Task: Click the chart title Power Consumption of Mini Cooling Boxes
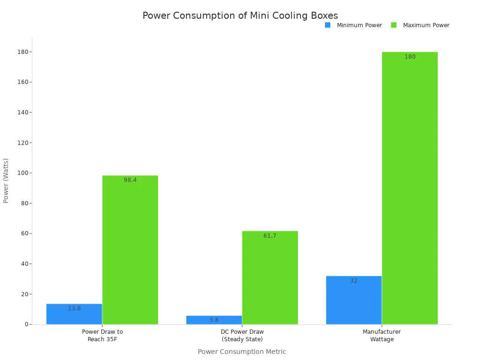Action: click(240, 16)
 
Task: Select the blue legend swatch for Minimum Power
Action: click(328, 25)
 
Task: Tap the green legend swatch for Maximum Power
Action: click(394, 25)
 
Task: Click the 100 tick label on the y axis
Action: click(22, 173)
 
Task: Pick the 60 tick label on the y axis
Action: click(23, 233)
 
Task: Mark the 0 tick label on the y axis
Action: click(27, 324)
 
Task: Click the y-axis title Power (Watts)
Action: click(6, 180)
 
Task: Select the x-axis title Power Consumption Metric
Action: click(242, 352)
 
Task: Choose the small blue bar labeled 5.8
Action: click(214, 320)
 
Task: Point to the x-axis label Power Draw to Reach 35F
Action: click(102, 335)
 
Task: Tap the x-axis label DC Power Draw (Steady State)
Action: click(242, 335)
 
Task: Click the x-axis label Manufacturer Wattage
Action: click(382, 335)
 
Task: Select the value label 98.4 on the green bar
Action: click(130, 180)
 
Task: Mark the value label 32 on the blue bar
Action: click(354, 281)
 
